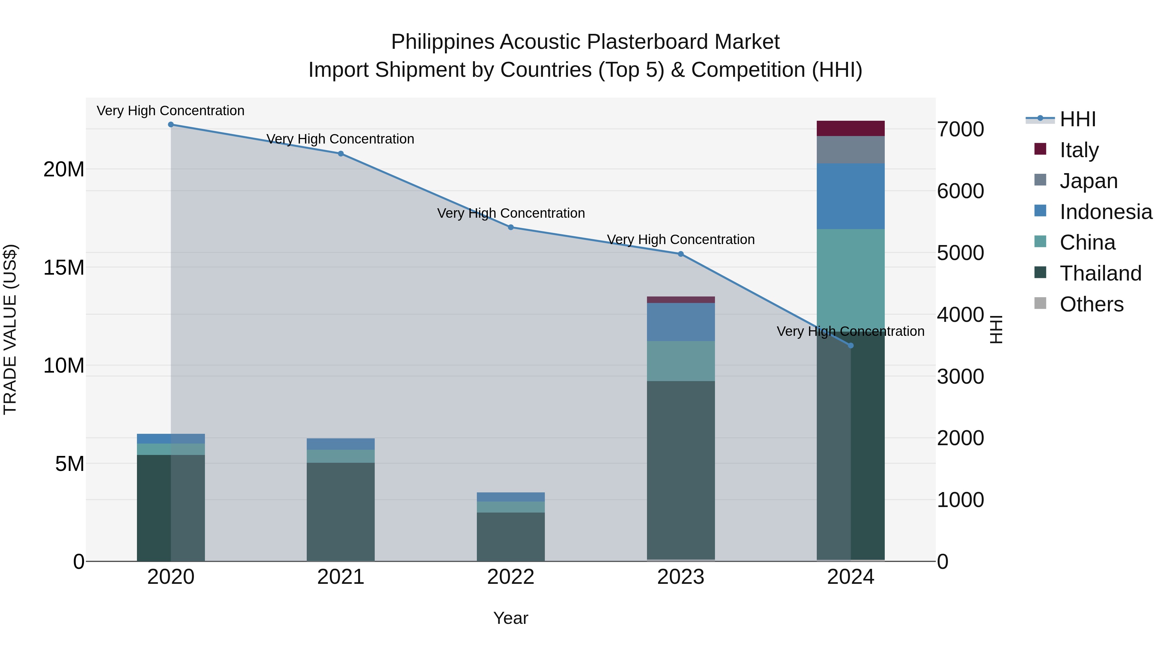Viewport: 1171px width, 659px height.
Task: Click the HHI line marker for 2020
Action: click(171, 125)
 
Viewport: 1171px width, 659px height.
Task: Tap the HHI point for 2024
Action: click(851, 346)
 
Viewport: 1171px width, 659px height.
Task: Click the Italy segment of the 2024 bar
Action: click(851, 128)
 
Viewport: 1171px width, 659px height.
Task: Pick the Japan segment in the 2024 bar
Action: click(851, 150)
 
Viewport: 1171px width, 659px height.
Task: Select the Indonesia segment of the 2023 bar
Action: click(680, 322)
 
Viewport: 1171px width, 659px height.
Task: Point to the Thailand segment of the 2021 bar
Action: click(341, 512)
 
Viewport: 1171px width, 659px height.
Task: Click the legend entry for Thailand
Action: click(1100, 273)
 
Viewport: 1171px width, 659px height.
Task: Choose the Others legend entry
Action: click(1091, 304)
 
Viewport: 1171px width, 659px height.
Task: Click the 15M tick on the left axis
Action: click(64, 268)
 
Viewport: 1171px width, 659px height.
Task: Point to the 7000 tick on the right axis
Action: click(960, 129)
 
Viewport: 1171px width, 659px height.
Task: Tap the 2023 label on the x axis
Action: click(680, 577)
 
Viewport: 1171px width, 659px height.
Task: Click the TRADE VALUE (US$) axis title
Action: click(10, 329)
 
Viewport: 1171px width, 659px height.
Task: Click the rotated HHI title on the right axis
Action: click(996, 329)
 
